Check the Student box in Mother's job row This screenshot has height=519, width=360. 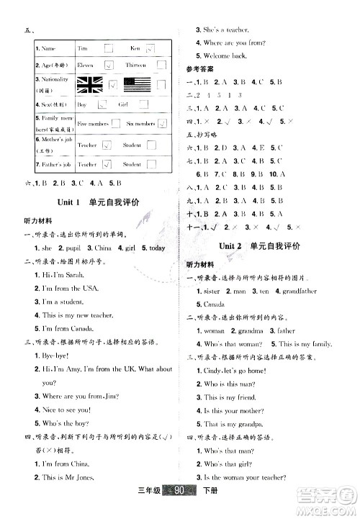point(151,145)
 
